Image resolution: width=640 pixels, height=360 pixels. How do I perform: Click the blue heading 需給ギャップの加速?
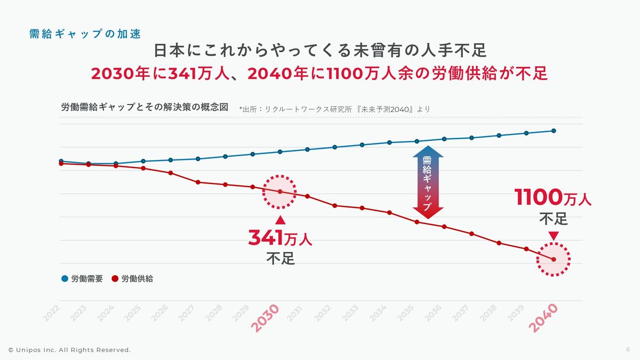(85, 34)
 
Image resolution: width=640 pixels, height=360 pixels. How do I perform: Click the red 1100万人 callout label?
(553, 198)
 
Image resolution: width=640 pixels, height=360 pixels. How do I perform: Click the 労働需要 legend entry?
(82, 278)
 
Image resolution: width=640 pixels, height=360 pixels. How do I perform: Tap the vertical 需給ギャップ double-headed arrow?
(428, 182)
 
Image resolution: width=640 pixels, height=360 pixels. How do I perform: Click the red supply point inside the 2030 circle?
(280, 191)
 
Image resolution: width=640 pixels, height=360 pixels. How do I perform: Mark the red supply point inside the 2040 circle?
(554, 259)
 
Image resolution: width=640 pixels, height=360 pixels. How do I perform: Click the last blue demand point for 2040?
(554, 131)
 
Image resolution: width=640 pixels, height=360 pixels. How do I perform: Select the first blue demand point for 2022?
(61, 161)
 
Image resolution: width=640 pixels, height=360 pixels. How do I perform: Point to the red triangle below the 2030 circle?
(280, 220)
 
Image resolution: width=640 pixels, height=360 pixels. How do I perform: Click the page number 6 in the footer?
(628, 349)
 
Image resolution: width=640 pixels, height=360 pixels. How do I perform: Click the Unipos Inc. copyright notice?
(69, 350)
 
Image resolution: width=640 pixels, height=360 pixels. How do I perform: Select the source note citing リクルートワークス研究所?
(335, 109)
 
